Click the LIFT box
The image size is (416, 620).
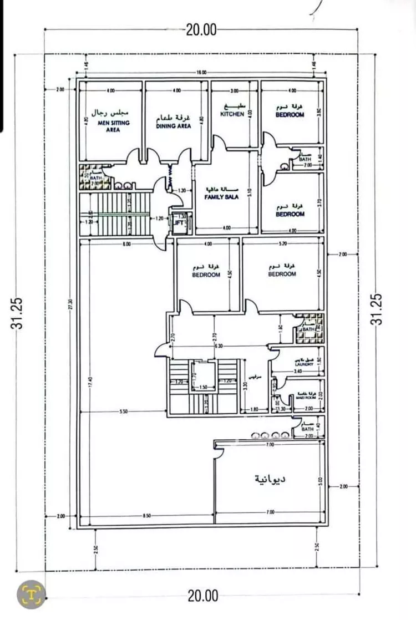coord(179,223)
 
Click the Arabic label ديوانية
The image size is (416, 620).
coord(270,478)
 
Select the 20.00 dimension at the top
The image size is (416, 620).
coord(201,31)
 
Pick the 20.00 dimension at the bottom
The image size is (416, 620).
coord(203,597)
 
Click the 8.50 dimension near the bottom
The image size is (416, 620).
coord(147,516)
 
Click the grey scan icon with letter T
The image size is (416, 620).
coord(31,594)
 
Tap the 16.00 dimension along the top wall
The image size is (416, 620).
coord(201,73)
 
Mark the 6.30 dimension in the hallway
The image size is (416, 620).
coord(220,346)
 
